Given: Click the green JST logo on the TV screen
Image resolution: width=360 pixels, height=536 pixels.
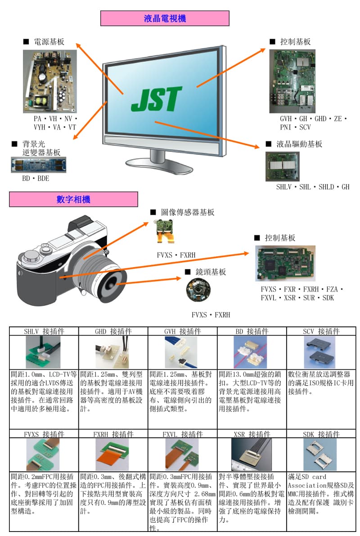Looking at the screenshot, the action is [157, 99].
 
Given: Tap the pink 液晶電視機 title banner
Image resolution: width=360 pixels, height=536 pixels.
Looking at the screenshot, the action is [165, 18].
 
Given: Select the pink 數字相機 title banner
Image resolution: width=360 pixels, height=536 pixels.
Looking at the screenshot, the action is [73, 199].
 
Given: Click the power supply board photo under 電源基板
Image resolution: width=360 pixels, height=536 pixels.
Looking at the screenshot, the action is [50, 81].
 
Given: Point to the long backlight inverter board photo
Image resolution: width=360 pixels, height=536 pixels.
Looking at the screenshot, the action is [38, 165].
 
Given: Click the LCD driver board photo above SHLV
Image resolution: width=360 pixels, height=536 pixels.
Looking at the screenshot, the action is [282, 166].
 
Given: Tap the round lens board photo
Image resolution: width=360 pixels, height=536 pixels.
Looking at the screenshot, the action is [198, 290].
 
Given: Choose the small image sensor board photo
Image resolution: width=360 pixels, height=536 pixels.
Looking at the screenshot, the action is [165, 232].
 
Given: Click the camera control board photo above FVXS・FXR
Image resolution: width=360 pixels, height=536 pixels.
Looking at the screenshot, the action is [285, 263].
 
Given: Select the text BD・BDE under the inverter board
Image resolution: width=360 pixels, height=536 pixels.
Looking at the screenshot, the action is [36, 178].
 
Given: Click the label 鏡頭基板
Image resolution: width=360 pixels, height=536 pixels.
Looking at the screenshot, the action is [211, 272].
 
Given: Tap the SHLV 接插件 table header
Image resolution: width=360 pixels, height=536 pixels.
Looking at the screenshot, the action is [44, 331].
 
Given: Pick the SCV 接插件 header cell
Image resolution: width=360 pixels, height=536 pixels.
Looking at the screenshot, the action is [321, 331].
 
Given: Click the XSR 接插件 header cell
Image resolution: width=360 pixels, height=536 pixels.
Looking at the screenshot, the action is [252, 434].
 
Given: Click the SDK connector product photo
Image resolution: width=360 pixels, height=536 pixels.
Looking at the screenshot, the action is [320, 455].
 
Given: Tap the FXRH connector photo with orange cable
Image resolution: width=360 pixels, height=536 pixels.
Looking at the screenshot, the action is [112, 455].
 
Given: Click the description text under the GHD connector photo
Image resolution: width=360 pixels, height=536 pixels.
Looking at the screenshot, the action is [113, 391].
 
